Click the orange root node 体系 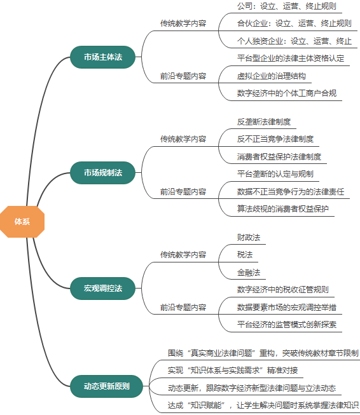pos(22,221)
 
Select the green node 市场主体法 pos(102,57)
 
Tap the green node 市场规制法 pos(102,172)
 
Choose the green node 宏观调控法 pos(102,288)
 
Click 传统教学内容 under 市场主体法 pos(183,24)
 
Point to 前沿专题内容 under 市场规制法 pos(183,191)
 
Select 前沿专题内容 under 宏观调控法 pos(183,307)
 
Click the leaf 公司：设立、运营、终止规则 pos(286,6)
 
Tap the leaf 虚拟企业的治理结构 pos(271,76)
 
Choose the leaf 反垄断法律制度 pos(263,121)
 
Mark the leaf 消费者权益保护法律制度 pos(279,156)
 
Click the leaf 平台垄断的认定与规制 pos(275,173)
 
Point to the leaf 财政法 pos(249,237)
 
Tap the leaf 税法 pos(245,254)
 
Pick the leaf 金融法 pos(249,272)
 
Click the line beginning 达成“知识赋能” pos(263,405)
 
